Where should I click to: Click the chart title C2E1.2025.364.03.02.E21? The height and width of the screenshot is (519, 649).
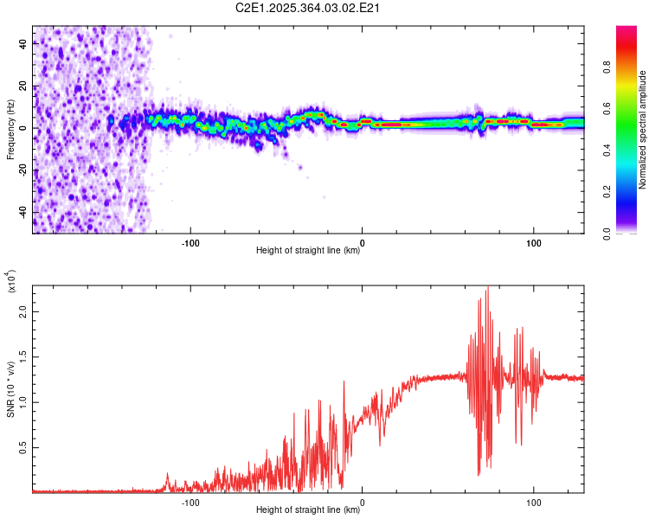pyautogui.click(x=309, y=9)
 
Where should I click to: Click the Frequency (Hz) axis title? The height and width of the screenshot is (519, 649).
pyautogui.click(x=10, y=129)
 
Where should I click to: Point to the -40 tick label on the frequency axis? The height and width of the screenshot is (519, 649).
pyautogui.click(x=22, y=212)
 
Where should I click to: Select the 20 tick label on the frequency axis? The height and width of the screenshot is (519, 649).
pyautogui.click(x=22, y=86)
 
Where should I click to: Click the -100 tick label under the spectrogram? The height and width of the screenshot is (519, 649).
pyautogui.click(x=190, y=242)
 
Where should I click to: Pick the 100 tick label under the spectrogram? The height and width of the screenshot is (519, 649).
pyautogui.click(x=534, y=242)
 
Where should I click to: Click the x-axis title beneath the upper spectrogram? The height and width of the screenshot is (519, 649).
pyautogui.click(x=308, y=252)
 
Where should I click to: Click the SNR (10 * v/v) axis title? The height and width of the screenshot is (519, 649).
pyautogui.click(x=10, y=384)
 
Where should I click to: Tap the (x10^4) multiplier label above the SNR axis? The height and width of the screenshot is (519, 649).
pyautogui.click(x=10, y=281)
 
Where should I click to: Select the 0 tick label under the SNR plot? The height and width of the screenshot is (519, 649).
pyautogui.click(x=362, y=501)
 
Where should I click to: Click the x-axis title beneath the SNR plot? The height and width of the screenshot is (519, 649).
pyautogui.click(x=308, y=510)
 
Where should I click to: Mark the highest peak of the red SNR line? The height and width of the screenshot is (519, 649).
pyautogui.click(x=487, y=287)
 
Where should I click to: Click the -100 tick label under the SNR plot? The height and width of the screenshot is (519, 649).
pyautogui.click(x=190, y=501)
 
